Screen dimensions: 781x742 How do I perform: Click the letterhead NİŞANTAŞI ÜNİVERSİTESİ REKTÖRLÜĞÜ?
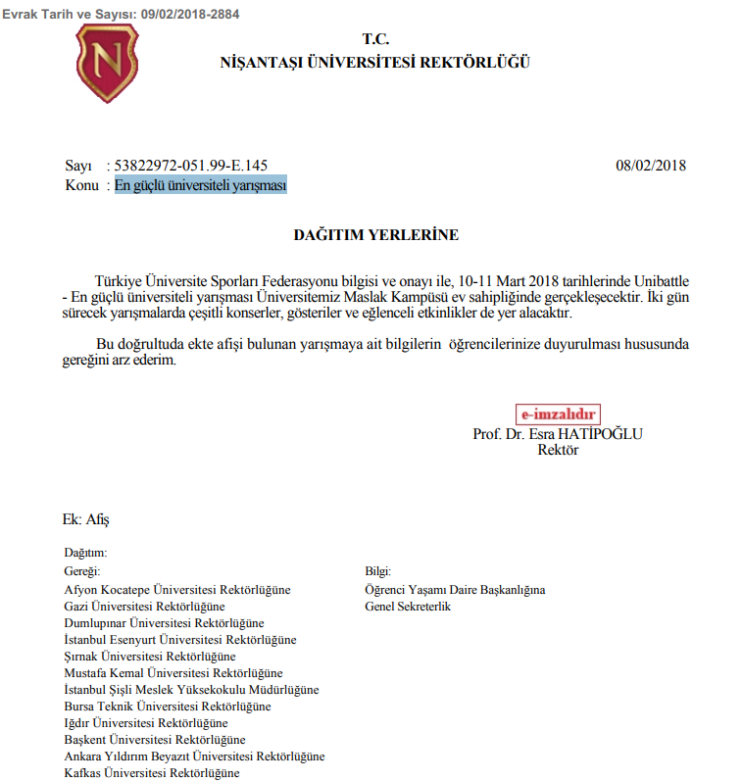point(375,63)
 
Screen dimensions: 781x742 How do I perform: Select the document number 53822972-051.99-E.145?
point(191,166)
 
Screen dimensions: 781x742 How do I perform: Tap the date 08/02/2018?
point(651,166)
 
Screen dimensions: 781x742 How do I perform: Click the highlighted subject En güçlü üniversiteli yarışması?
point(200,184)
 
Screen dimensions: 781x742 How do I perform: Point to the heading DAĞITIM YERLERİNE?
point(375,235)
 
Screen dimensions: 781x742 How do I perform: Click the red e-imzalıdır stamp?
point(558,415)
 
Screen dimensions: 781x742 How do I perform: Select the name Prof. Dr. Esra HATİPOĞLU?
point(558,434)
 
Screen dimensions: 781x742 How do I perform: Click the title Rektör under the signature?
point(559,451)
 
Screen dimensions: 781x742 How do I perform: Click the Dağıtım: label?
point(85,553)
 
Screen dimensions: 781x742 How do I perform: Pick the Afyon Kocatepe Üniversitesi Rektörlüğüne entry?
point(176,590)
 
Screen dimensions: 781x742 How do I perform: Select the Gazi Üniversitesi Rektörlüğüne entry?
point(144,607)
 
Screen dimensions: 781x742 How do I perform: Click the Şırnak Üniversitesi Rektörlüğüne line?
point(149,656)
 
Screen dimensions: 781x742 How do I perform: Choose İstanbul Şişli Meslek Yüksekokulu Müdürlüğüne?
point(191,689)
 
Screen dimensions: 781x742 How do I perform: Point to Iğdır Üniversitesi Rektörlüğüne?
point(145,723)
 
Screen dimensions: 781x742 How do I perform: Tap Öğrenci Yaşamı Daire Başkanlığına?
point(455,590)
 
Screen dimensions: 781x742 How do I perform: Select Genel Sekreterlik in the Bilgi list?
point(408,607)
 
